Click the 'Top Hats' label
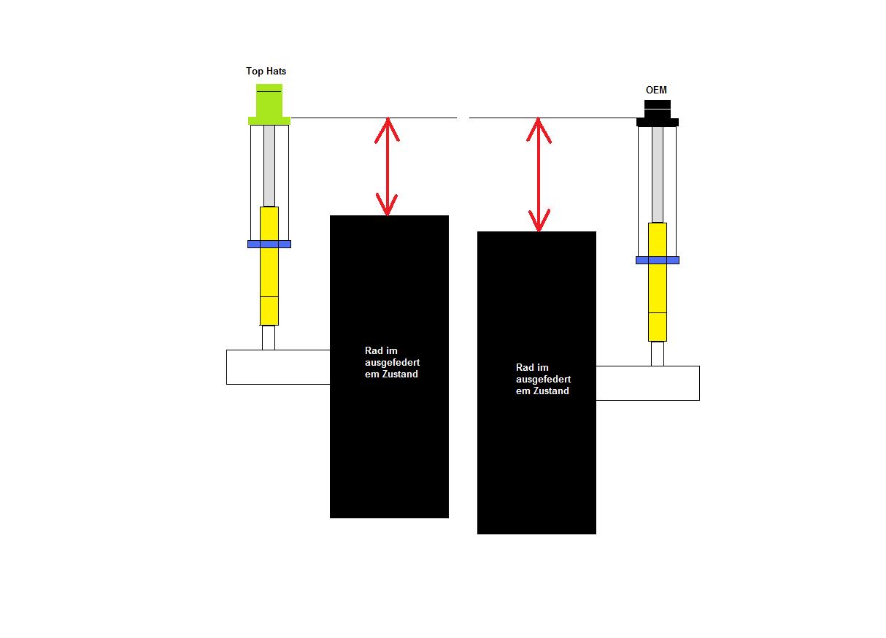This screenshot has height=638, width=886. coord(266,72)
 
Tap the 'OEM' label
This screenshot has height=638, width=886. coord(656,91)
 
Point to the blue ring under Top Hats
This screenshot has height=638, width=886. coord(269,244)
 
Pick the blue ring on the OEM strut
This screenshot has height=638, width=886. coord(657,260)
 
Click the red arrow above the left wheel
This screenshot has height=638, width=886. coord(388,166)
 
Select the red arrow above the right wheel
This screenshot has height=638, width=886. coord(539,174)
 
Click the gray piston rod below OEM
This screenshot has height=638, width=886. coord(658,174)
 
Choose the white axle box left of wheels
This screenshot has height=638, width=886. coord(277,366)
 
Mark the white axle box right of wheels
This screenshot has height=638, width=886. coord(647,383)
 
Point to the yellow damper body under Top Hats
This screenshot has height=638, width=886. coord(269,266)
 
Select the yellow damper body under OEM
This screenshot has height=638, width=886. coord(658,282)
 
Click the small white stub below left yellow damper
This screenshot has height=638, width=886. coord(269,337)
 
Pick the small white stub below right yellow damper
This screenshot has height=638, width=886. coord(658,353)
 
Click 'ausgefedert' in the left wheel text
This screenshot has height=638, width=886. coord(392,363)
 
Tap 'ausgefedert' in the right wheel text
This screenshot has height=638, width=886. coord(543,380)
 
